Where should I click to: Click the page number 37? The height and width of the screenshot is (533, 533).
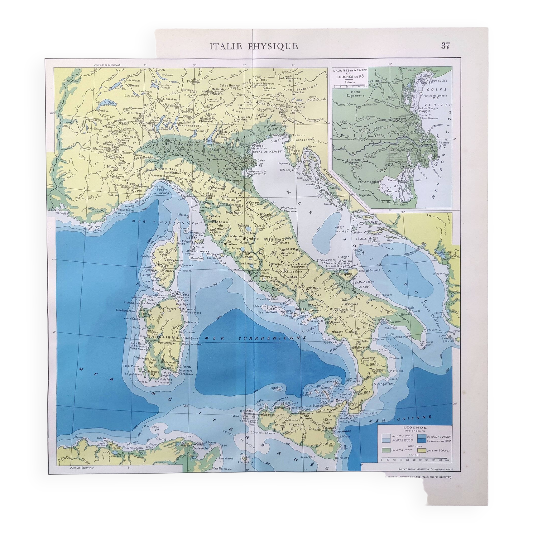point(445,46)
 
